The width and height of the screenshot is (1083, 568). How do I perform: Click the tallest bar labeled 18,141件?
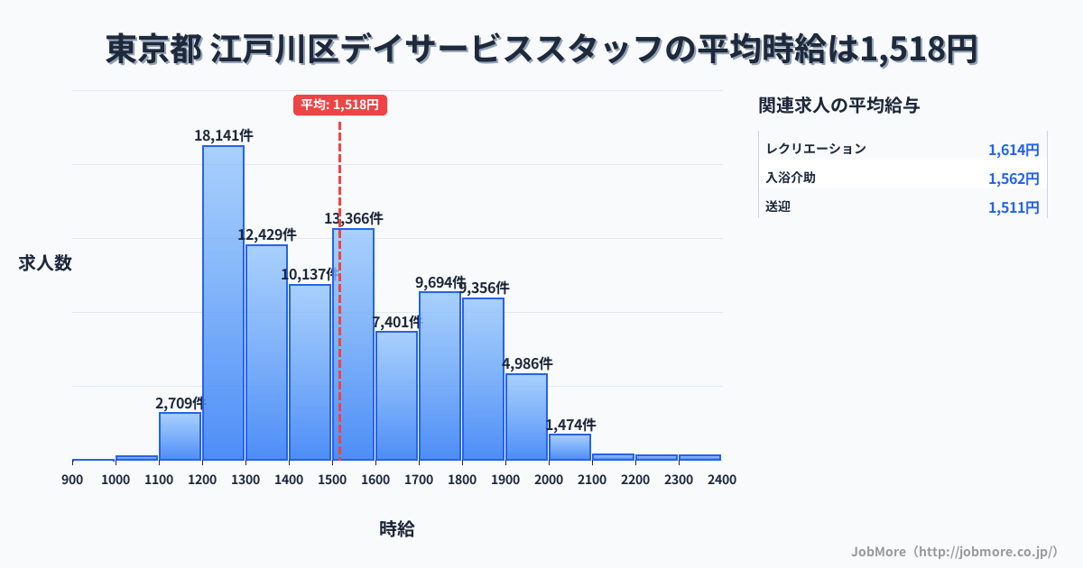tap(223, 303)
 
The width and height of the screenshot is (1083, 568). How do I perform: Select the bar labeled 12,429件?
tap(266, 353)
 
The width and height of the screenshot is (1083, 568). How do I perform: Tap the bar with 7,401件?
tap(396, 396)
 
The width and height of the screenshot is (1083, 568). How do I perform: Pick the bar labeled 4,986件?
tap(526, 417)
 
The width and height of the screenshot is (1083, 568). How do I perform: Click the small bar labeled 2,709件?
tap(180, 436)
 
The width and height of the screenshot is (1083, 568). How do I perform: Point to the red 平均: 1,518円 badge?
tap(339, 105)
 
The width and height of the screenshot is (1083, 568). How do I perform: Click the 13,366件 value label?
tap(354, 218)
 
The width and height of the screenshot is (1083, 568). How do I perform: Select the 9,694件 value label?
tap(440, 282)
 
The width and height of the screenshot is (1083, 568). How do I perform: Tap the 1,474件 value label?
tap(570, 425)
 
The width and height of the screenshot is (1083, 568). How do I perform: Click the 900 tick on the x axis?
tap(72, 480)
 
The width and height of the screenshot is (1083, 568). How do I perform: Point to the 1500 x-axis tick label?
tap(332, 480)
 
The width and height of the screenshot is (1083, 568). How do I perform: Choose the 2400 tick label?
tap(722, 480)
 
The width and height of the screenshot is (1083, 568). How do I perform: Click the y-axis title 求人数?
tap(45, 263)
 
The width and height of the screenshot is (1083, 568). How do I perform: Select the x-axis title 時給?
tap(397, 529)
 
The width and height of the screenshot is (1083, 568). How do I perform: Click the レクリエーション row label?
tap(815, 149)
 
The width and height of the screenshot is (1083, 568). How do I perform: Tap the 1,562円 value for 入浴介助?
tap(1014, 179)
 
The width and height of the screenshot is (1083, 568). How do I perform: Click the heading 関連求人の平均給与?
tap(839, 105)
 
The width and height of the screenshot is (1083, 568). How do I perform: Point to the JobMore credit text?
tap(954, 551)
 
